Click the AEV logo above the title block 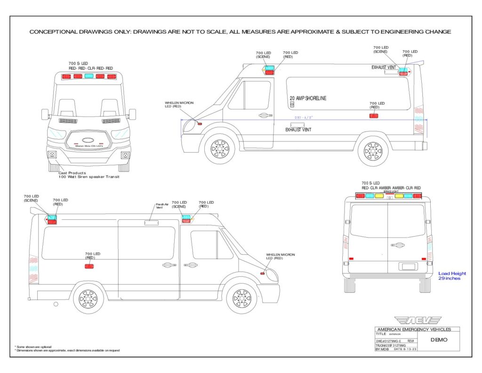click(418, 321)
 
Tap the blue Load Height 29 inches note click(452, 276)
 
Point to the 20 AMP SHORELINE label click(308, 99)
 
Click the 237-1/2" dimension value click(304, 117)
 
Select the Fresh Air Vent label click(162, 206)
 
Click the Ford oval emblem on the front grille click(88, 140)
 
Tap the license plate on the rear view click(409, 266)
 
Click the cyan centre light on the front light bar click(88, 76)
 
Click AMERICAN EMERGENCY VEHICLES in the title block click(413, 329)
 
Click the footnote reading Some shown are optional click(33, 347)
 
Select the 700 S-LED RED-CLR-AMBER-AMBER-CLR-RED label click(391, 185)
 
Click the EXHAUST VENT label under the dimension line click(298, 130)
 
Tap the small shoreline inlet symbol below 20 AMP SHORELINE click(292, 105)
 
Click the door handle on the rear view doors click(397, 245)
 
